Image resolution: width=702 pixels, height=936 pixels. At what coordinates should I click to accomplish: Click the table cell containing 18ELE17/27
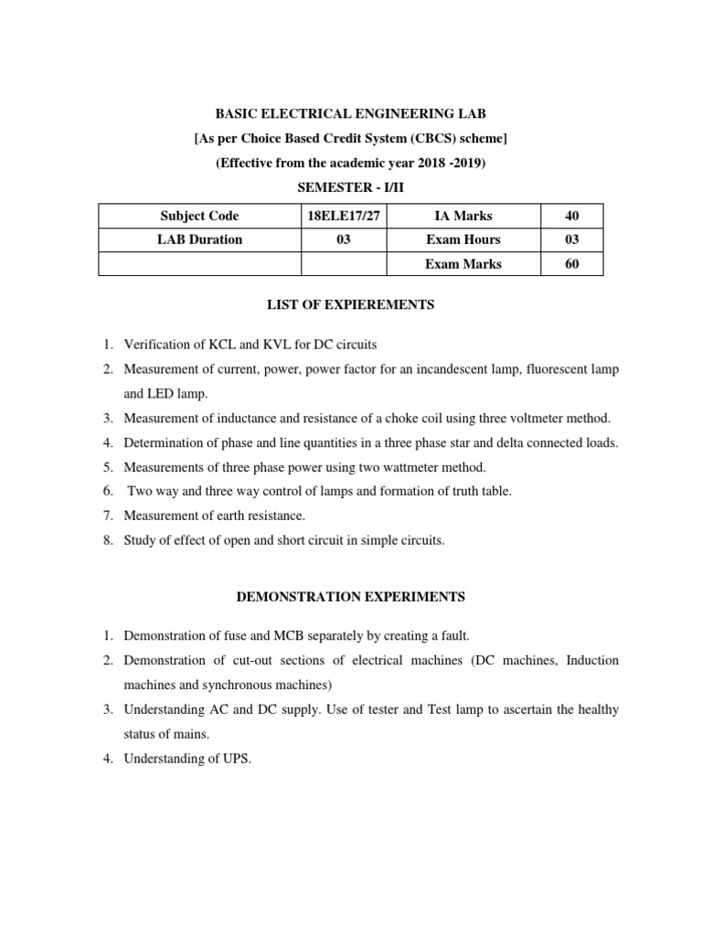point(344,217)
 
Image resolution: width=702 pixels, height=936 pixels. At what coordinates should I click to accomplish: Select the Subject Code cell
point(199,217)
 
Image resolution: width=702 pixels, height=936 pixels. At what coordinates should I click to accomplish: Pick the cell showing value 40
point(571,217)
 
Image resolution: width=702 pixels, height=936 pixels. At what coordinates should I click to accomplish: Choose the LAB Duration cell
point(199,239)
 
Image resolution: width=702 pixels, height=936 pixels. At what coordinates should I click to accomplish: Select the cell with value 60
point(571,264)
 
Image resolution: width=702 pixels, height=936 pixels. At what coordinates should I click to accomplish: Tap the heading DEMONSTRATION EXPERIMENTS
point(351,597)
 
